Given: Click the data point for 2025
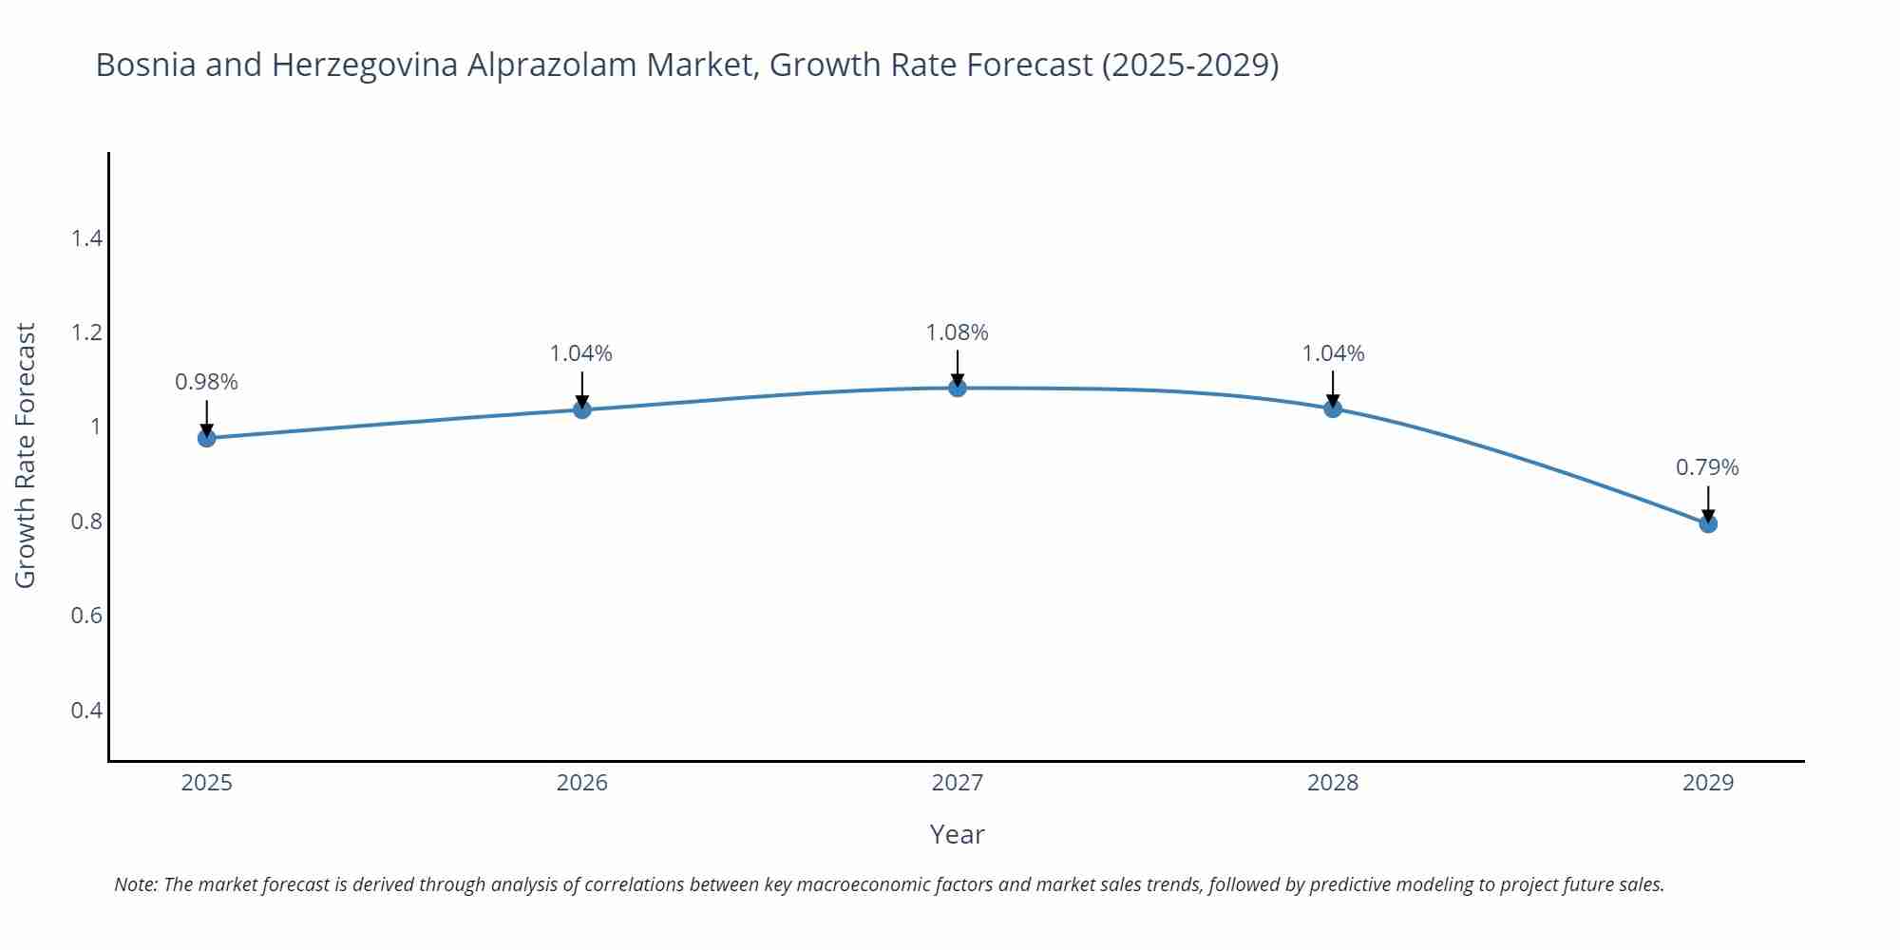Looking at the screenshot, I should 206,438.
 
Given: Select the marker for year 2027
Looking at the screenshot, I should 957,388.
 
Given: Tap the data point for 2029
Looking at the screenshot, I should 1707,523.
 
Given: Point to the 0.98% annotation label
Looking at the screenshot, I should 206,382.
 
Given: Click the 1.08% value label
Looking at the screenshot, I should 957,332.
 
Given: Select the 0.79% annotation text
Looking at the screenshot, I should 1707,467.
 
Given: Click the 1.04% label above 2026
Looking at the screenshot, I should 581,353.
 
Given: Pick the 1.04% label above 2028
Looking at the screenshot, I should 1333,353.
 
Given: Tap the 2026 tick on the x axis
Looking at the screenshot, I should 581,783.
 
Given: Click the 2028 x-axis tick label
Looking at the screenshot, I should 1333,783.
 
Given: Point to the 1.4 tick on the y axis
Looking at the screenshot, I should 86,238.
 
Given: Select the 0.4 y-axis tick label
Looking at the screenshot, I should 86,711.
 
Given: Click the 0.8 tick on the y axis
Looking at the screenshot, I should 86,522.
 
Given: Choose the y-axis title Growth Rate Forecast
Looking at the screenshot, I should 26,455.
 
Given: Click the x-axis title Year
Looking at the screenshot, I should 957,834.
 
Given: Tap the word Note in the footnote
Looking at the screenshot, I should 135,884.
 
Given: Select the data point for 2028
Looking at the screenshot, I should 1333,408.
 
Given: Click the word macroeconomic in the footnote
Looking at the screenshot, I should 864,884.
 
